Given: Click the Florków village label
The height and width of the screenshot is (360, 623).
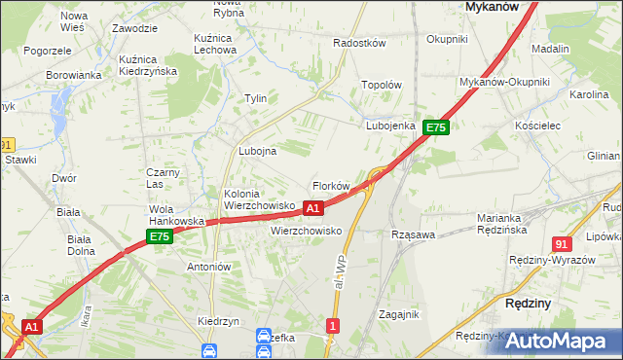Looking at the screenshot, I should (330, 186).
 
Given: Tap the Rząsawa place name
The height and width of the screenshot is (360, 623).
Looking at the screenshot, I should (412, 234).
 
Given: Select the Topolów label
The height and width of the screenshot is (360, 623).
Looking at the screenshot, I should (382, 85).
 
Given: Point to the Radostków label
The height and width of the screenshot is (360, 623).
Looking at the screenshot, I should (359, 43).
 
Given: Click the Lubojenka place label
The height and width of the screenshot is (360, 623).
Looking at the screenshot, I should (391, 126).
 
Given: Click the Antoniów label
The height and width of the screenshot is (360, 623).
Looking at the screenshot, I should (207, 267).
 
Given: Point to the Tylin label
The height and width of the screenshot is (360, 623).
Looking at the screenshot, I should (255, 98).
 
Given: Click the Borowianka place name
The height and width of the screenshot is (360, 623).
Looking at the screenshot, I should (73, 74).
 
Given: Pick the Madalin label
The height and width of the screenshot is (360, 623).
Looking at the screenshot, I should (551, 48).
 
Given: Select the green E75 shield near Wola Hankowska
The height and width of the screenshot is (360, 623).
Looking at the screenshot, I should (160, 236).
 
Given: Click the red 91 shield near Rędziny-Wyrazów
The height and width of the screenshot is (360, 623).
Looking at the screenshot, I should (561, 243).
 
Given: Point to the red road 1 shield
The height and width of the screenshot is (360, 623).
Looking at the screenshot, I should (334, 326).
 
